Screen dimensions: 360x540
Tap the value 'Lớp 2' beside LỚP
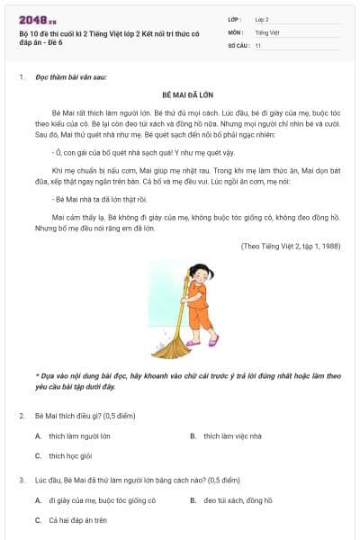click(x=262, y=19)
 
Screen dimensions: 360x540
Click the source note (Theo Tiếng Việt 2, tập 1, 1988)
click(x=291, y=246)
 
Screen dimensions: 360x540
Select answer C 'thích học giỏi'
click(x=70, y=455)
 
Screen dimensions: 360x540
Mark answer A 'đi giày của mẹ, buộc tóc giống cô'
click(x=102, y=500)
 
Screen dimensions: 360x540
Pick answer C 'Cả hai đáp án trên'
click(x=77, y=520)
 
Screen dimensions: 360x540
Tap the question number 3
click(x=22, y=481)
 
